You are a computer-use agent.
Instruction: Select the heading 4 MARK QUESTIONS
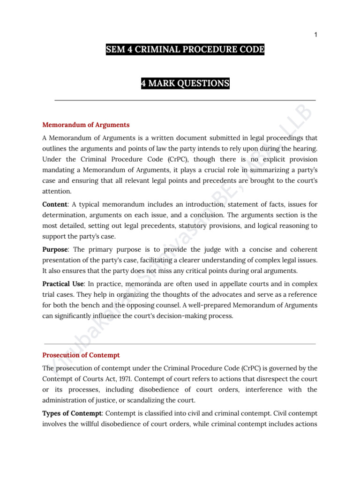(185, 84)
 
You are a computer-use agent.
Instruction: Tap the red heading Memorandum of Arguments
(86, 125)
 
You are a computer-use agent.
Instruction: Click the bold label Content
(54, 204)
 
